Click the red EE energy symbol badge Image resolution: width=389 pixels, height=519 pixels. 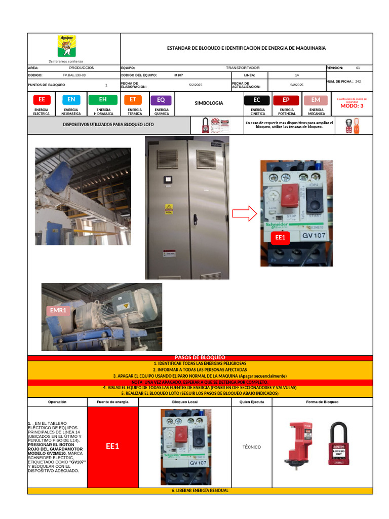42,100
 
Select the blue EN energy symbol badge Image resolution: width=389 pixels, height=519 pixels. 71,100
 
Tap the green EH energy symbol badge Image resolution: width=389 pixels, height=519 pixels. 103,100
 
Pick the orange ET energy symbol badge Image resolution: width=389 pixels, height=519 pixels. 133,100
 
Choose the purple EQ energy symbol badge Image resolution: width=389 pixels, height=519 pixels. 161,100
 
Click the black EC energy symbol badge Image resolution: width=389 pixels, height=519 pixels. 257,100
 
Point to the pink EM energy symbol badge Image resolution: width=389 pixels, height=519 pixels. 316,100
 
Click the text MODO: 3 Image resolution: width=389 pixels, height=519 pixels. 352,106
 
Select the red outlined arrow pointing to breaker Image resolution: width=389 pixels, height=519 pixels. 245,214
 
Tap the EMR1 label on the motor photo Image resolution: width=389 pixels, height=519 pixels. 58,310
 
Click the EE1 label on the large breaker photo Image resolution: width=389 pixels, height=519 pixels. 280,237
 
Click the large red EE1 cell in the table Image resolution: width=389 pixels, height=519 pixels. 112,447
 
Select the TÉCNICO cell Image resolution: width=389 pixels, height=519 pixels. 252,447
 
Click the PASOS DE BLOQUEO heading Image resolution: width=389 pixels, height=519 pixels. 200,358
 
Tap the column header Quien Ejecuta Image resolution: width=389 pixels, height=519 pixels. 252,402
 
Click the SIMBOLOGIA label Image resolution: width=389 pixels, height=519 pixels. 209,103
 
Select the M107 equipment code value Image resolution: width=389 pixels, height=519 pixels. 178,75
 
